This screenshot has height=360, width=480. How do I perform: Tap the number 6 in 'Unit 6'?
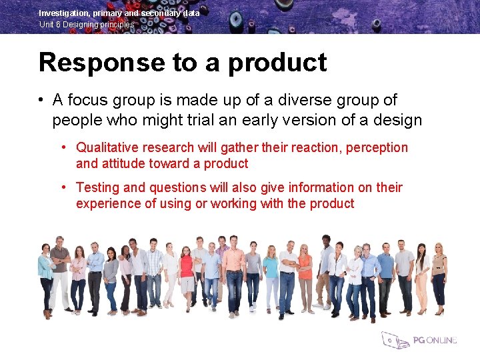pyautogui.click(x=59, y=25)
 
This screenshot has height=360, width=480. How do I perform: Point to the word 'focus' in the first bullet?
pyautogui.click(x=93, y=100)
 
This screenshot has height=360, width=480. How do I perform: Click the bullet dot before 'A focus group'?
pyautogui.click(x=41, y=100)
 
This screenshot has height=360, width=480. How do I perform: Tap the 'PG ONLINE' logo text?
pyautogui.click(x=435, y=340)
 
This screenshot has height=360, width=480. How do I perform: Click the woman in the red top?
pyautogui.click(x=186, y=273)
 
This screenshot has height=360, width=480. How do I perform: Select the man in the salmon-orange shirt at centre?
pyautogui.click(x=234, y=273)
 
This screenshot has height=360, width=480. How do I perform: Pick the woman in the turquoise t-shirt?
pyautogui.click(x=271, y=277)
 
